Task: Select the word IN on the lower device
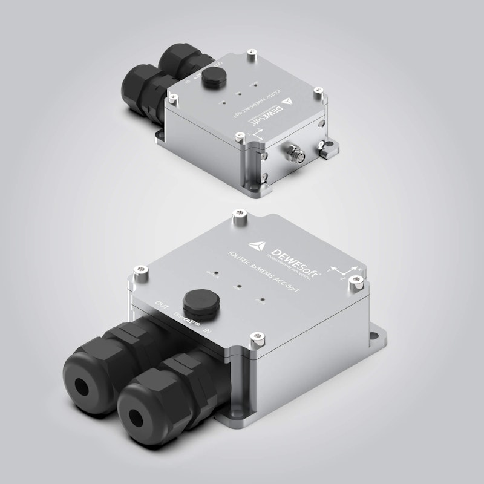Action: [x=207, y=331]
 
